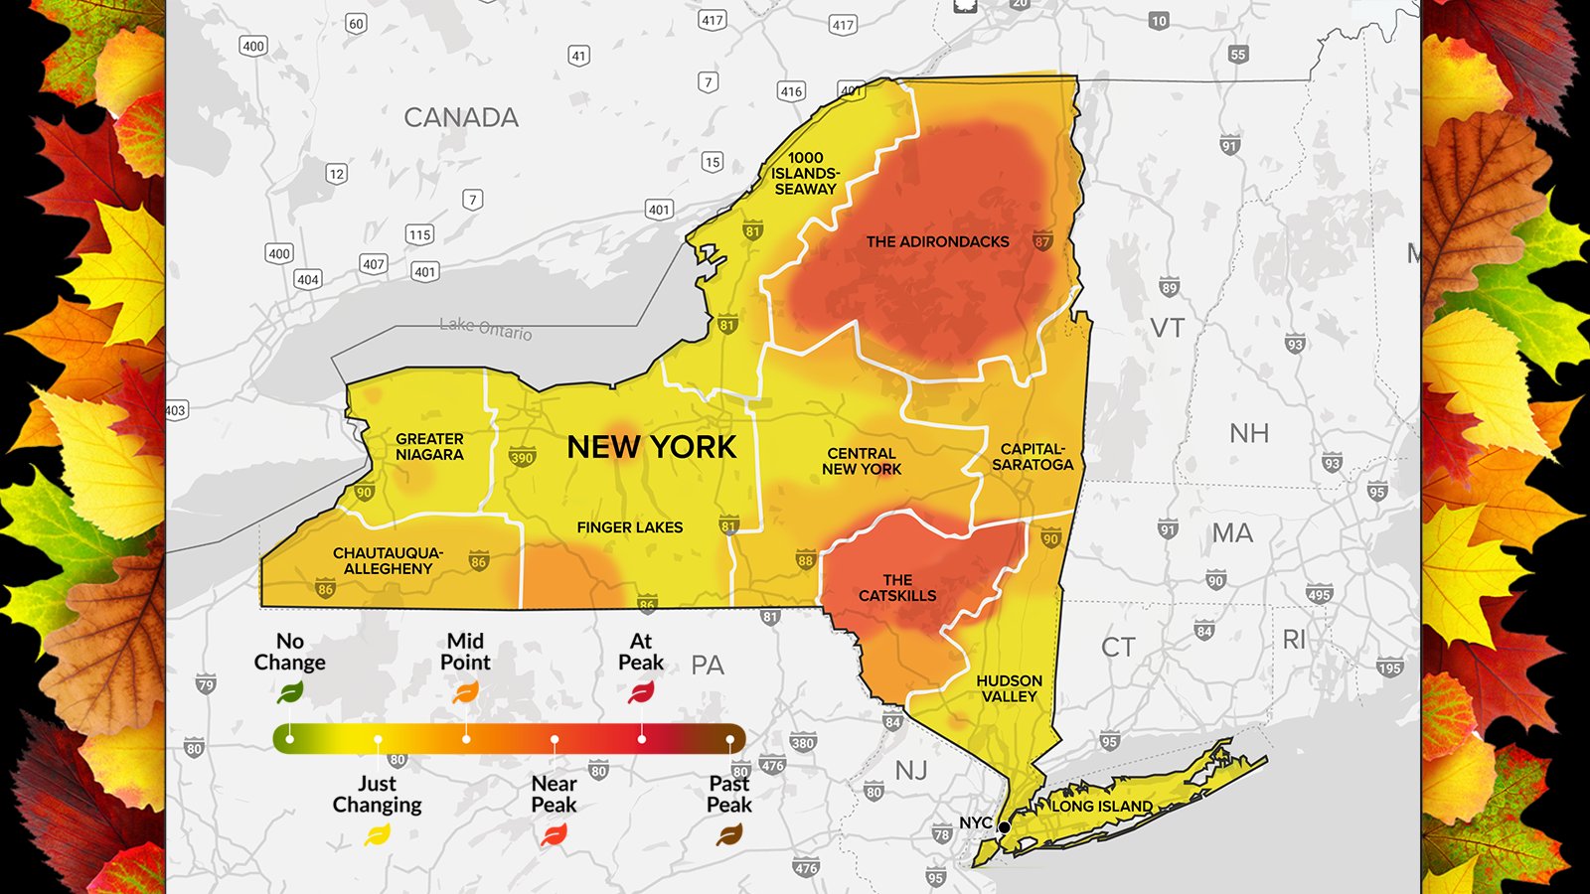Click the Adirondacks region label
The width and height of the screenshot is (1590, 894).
937,241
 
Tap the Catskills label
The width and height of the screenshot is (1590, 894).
897,588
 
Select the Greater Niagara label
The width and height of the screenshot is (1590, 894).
429,447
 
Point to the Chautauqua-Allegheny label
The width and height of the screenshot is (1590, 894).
388,561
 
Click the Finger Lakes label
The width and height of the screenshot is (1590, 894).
630,527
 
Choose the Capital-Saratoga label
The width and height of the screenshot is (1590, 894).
1033,457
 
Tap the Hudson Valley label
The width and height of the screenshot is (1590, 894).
1009,688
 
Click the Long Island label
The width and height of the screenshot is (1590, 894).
1102,807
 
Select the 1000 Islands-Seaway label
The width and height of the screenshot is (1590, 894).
806,173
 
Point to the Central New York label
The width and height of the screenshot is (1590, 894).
862,461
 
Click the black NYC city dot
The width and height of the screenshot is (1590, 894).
1005,827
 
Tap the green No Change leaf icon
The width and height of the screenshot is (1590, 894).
290,692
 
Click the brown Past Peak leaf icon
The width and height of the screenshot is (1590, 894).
729,835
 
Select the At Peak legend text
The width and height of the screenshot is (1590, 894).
641,653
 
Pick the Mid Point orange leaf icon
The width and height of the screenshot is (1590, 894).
465,692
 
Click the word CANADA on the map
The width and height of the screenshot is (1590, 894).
461,117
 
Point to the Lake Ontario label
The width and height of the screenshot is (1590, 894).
486,328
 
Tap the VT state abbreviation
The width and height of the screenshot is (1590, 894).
1167,328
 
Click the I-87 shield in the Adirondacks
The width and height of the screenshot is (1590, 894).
1041,241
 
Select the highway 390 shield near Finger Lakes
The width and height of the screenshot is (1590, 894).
522,458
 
